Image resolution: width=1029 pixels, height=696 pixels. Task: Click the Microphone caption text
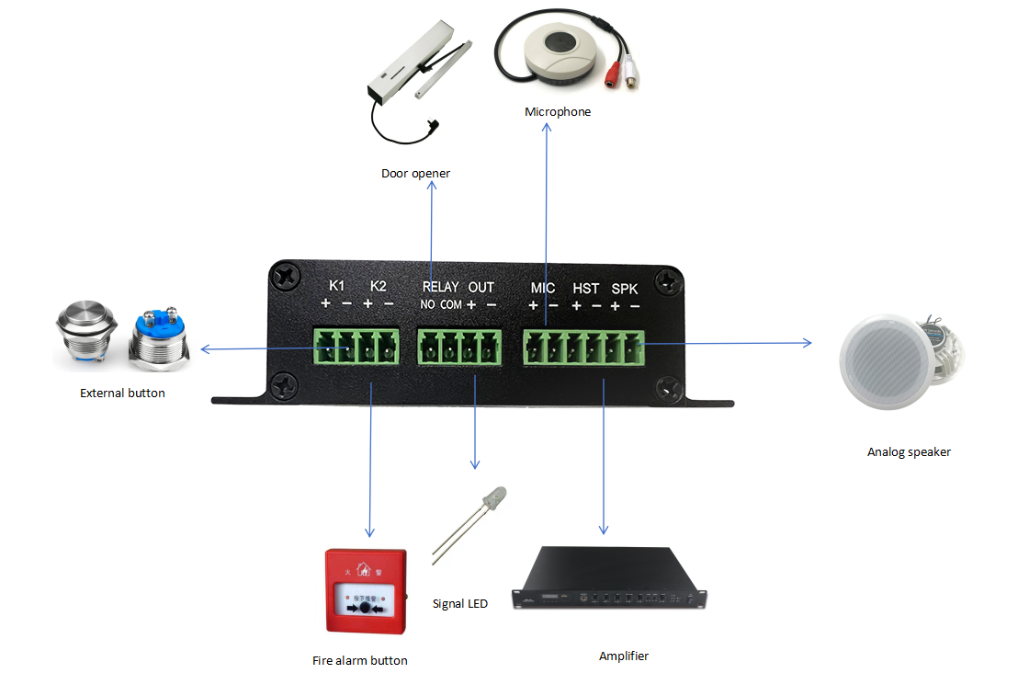click(558, 112)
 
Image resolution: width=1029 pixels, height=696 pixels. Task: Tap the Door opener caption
click(415, 173)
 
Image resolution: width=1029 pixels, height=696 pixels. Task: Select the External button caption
click(122, 394)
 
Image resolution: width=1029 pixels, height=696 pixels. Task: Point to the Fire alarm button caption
click(359, 660)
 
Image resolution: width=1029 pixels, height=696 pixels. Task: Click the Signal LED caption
click(459, 604)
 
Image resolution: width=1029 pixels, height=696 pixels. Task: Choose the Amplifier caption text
click(623, 656)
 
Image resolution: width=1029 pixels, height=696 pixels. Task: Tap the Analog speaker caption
click(909, 451)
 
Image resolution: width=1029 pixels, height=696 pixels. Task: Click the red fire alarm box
click(366, 591)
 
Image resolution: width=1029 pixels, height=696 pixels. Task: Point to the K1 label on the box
click(336, 286)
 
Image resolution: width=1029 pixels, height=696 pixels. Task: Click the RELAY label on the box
click(440, 287)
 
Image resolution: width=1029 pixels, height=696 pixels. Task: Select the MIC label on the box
click(543, 288)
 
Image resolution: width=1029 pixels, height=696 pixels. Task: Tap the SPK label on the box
click(625, 288)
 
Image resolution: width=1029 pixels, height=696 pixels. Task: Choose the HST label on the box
click(585, 288)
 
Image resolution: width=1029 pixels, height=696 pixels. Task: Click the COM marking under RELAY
click(450, 304)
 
